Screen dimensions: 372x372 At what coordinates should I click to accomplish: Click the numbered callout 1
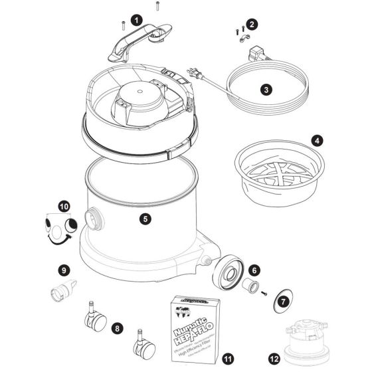pyautogui.click(x=136, y=21)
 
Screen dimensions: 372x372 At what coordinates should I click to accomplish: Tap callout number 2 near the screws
pyautogui.click(x=250, y=24)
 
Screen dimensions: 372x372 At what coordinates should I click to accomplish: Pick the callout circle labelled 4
pyautogui.click(x=318, y=141)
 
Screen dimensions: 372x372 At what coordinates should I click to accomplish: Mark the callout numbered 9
pyautogui.click(x=64, y=270)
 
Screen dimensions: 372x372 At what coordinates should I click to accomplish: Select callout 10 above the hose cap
pyautogui.click(x=64, y=207)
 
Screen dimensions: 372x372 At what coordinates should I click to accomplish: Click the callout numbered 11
pyautogui.click(x=229, y=359)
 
